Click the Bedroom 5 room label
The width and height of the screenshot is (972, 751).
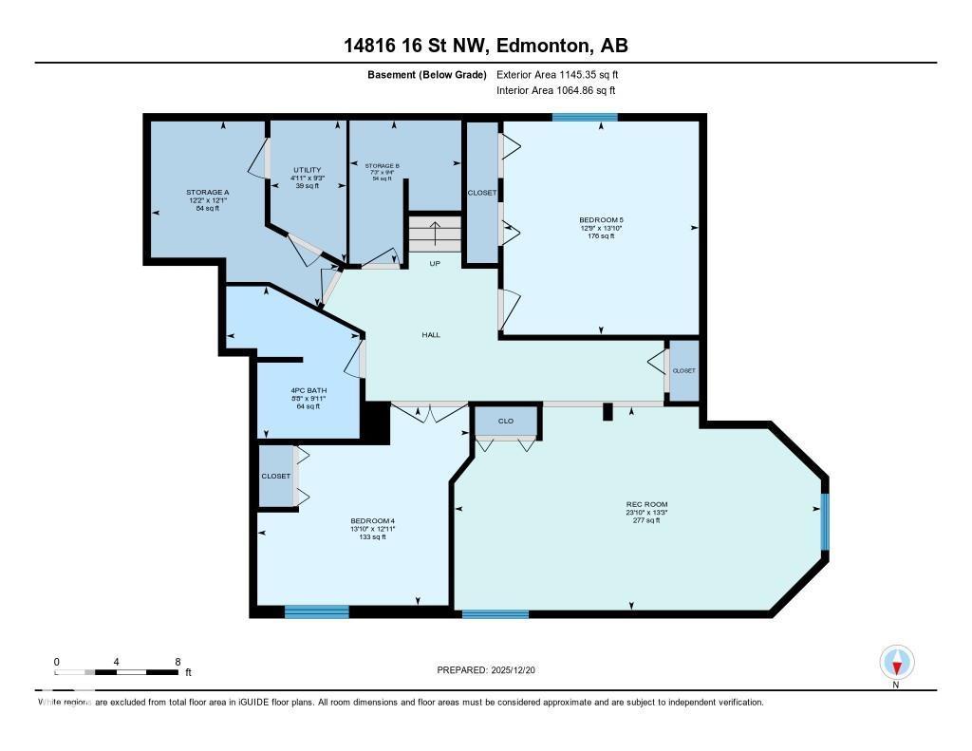(601, 219)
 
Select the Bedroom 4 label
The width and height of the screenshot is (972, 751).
(371, 521)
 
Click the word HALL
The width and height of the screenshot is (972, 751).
(431, 334)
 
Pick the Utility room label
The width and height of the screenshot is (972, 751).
(308, 170)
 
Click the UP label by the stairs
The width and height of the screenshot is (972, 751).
(435, 263)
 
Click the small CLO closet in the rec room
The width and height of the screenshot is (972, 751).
(507, 420)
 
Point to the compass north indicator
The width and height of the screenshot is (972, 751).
(896, 663)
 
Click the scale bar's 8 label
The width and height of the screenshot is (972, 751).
(178, 661)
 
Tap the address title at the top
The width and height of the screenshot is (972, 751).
(485, 46)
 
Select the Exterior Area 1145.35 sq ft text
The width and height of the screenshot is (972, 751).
(558, 74)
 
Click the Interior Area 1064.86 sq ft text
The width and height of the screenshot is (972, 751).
(556, 90)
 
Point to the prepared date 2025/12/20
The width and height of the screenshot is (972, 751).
(493, 670)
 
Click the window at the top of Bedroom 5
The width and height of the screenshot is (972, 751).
(585, 117)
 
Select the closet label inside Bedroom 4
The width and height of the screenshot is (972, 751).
(275, 476)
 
